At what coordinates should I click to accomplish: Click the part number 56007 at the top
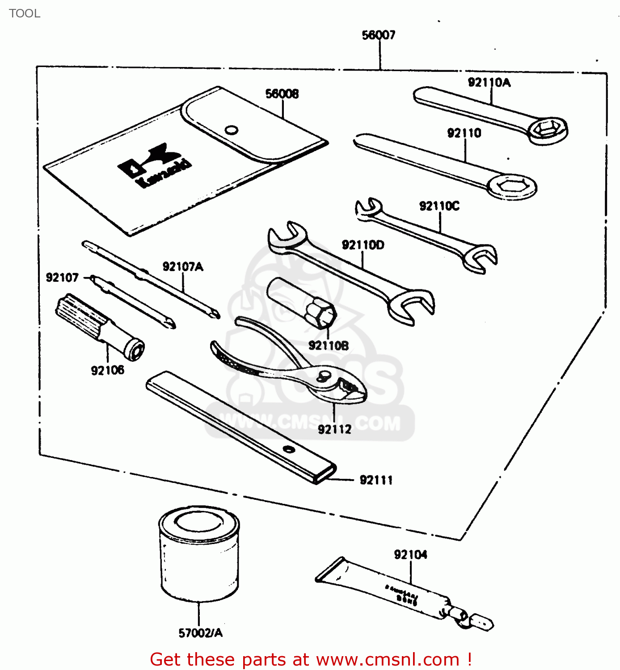coord(378,35)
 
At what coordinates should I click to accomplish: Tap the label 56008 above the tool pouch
coord(282,94)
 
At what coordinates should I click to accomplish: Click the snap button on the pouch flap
coord(231,130)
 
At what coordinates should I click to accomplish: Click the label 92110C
coord(439,206)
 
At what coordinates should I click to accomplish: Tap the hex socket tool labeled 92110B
coord(302,302)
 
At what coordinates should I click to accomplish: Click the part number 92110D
coord(363,245)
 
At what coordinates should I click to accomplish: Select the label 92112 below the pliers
coord(334,429)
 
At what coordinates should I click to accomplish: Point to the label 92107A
coord(183,267)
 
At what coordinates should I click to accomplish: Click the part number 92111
coord(376,480)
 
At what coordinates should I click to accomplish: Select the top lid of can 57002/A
coord(199,521)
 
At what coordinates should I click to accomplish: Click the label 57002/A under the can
coord(200,633)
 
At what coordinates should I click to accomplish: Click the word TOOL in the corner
coord(25,13)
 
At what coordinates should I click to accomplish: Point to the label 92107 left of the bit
coord(62,278)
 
